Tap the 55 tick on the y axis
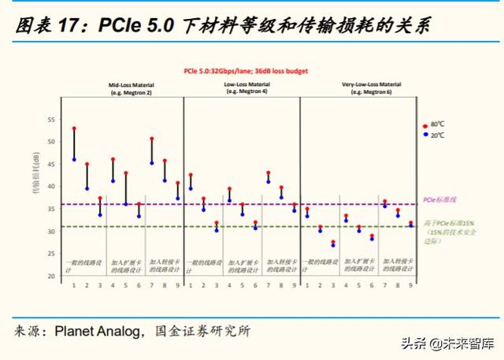point(51,120)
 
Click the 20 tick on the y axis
point(51,276)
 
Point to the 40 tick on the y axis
point(51,187)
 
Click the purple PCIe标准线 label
point(440,200)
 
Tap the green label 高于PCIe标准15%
point(448,224)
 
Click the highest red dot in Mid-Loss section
point(74,128)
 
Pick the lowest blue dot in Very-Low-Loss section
point(333,246)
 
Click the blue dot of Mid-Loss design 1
point(74,159)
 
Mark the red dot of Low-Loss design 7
point(269,173)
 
